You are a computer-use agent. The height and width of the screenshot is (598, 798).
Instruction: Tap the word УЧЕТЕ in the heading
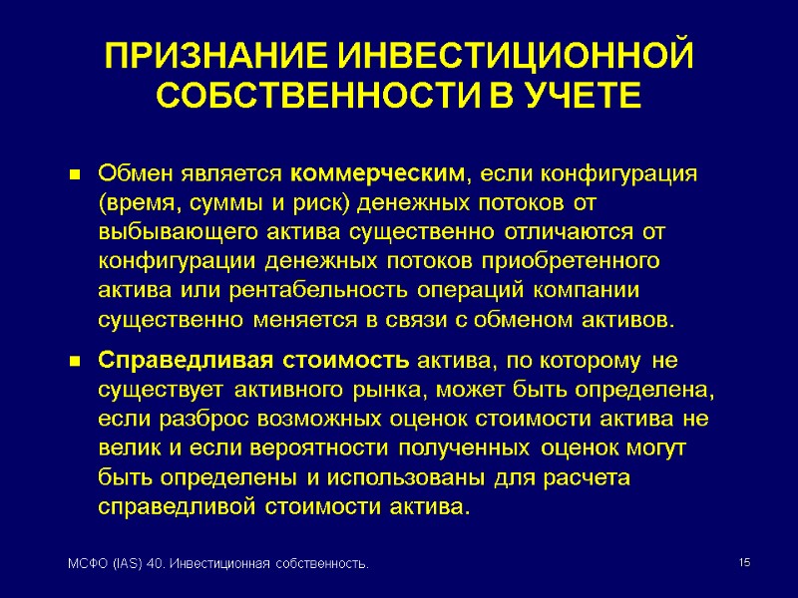click(x=568, y=98)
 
